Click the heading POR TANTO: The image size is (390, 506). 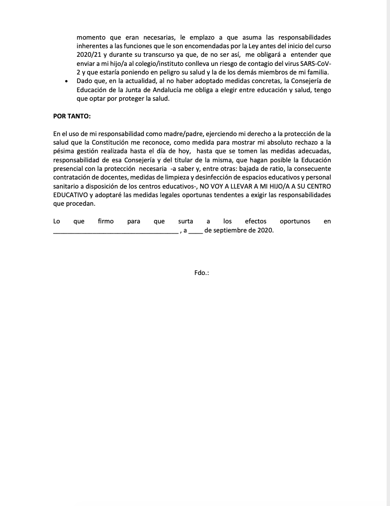click(x=72, y=116)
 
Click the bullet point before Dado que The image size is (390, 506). click(x=66, y=82)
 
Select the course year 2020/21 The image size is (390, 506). click(x=87, y=54)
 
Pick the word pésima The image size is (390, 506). click(x=65, y=150)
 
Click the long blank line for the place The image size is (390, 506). click(x=115, y=231)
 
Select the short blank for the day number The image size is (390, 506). click(x=195, y=231)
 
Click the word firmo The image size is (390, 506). click(x=105, y=221)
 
